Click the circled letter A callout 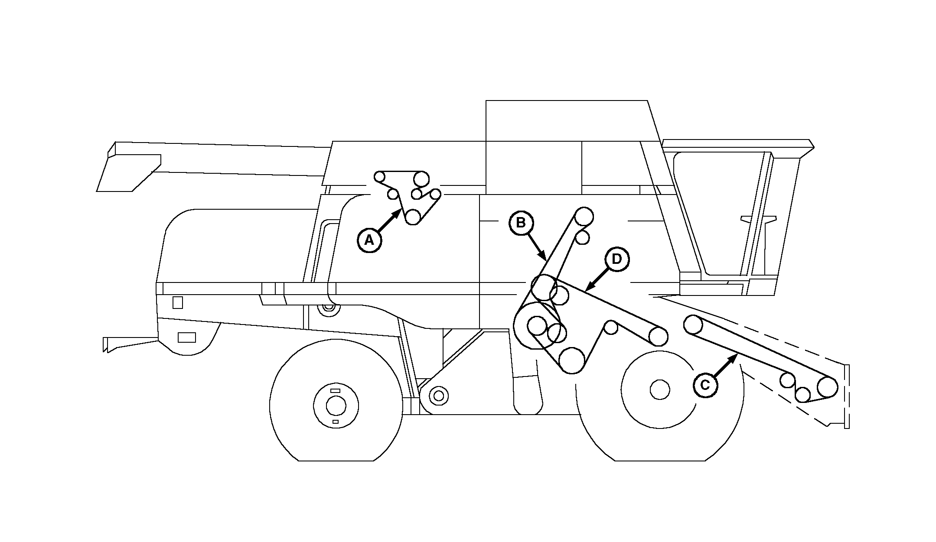click(369, 240)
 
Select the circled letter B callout click(521, 223)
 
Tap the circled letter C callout click(705, 385)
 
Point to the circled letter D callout click(616, 259)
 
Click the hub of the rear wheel click(336, 406)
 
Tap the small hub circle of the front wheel click(660, 390)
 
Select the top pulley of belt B click(584, 216)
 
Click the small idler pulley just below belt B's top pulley click(583, 237)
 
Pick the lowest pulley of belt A click(413, 217)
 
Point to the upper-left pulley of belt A click(380, 177)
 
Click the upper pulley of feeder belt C click(693, 325)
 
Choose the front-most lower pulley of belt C click(827, 386)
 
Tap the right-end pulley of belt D click(658, 336)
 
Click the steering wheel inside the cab click(758, 219)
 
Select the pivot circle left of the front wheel click(439, 395)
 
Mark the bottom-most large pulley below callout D click(572, 360)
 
